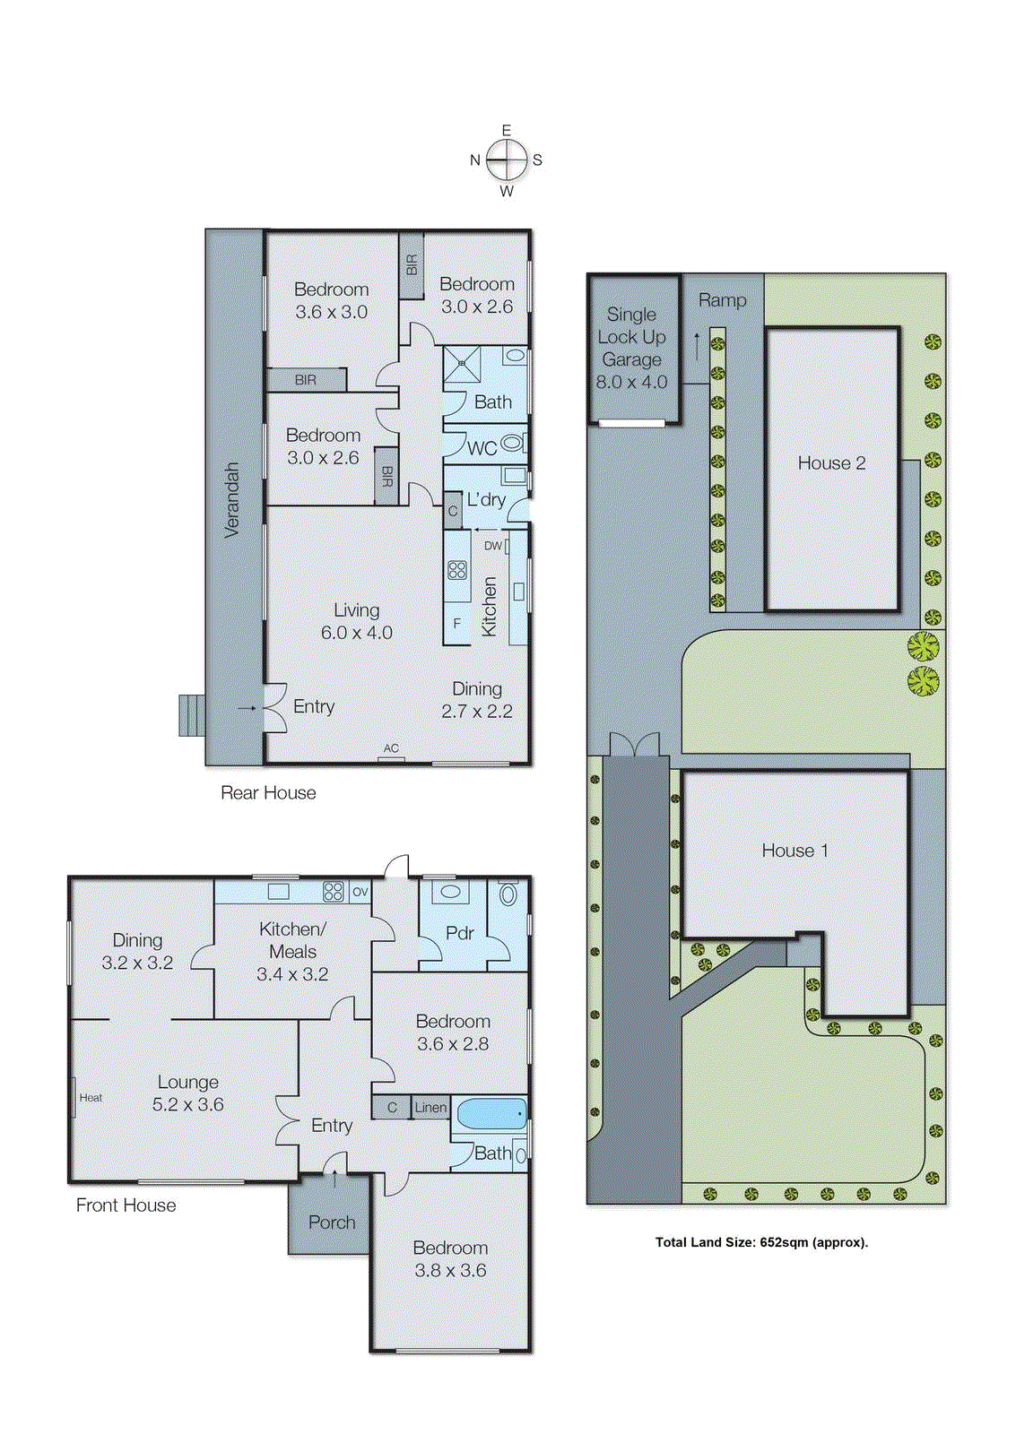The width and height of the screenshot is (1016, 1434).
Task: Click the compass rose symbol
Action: point(508,160)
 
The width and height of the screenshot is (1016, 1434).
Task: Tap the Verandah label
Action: point(232,500)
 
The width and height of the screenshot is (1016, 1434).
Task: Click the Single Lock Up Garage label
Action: point(631,348)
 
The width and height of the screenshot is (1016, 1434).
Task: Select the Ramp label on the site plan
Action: point(722,301)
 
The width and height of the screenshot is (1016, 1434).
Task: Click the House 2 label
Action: point(831,463)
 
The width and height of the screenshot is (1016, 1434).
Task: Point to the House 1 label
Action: point(795,851)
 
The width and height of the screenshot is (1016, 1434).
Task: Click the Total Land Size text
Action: point(761,1242)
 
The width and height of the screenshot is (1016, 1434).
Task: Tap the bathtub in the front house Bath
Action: point(491,1114)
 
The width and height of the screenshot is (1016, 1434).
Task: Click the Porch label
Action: point(332,1222)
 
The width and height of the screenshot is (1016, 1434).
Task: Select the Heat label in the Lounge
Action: point(91,1098)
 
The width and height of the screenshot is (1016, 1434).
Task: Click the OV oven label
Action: point(360,892)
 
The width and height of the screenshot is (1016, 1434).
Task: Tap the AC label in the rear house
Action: point(391,748)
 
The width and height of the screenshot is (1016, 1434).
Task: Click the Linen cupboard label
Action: point(430,1108)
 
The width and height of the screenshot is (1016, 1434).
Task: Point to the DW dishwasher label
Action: point(493,546)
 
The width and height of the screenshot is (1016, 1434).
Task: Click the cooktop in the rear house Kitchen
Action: point(457,569)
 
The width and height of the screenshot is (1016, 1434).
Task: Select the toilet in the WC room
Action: point(512,443)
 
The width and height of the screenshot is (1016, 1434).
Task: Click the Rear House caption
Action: point(268,793)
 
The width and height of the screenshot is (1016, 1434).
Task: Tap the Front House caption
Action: point(126,1205)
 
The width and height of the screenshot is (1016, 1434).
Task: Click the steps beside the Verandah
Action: point(191,715)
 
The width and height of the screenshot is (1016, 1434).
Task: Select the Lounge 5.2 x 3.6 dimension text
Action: point(188,1105)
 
